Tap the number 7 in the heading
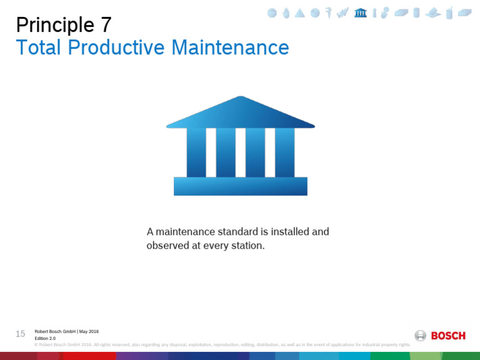(106, 25)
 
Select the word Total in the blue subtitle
(36, 47)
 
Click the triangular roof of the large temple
(241, 114)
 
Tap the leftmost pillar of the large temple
(196, 152)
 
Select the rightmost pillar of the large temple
(284, 152)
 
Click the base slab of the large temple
(241, 186)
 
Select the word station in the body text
(244, 246)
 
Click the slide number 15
(21, 334)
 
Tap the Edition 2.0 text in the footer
(45, 338)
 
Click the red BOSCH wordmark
(448, 336)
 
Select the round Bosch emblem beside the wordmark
(421, 336)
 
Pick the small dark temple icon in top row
(360, 12)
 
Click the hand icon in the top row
(286, 12)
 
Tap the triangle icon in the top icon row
(300, 12)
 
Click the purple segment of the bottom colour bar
(141, 356)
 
